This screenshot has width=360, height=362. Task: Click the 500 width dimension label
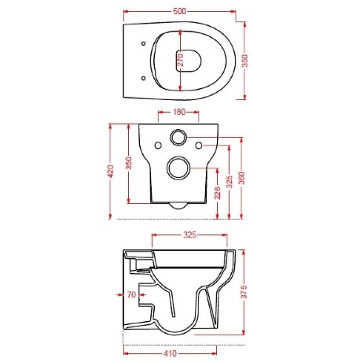179,11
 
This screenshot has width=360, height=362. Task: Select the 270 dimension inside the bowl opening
181,60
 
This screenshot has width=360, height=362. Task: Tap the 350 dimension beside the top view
244,61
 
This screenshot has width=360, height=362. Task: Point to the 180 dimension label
179,112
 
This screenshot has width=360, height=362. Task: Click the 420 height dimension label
111,172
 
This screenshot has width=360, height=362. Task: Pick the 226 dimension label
218,193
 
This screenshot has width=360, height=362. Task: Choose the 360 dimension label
242,178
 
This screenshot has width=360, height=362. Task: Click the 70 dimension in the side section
131,294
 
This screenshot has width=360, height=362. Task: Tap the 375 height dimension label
244,291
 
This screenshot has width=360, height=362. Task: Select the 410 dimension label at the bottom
171,353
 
